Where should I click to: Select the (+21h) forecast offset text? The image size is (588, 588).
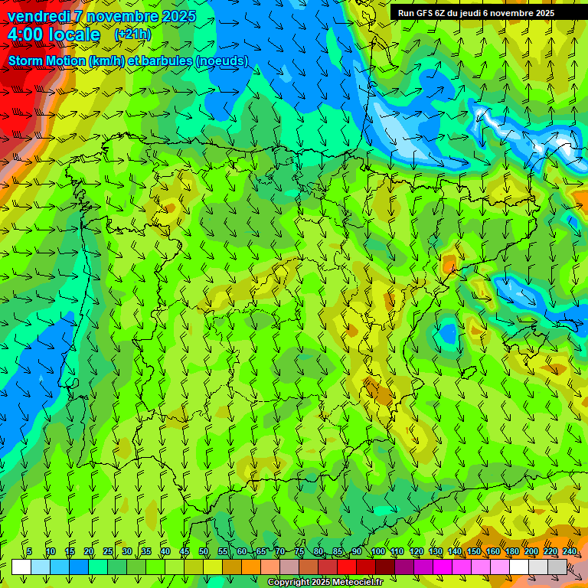[x=132, y=34]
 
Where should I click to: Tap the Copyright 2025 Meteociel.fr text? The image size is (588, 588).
[x=325, y=583]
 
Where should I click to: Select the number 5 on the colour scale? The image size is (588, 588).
[x=29, y=551]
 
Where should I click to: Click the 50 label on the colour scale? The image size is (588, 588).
[x=204, y=551]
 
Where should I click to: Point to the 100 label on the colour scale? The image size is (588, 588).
[x=378, y=551]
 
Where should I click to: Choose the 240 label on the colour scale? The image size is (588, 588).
[x=570, y=551]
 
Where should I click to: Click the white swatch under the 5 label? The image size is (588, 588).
[x=21, y=567]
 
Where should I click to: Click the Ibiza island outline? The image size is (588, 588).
[x=468, y=372]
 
